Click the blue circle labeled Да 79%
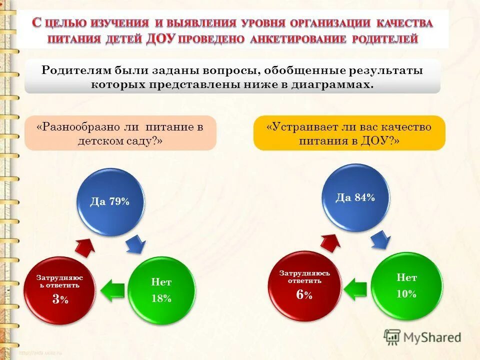110,202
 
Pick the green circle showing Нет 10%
406,286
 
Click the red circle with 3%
58,289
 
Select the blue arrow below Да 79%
136,244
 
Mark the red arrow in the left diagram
85,246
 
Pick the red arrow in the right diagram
330,242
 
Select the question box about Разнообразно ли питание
120,133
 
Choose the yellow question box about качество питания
349,133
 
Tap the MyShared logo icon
392,337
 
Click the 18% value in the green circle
161,298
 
